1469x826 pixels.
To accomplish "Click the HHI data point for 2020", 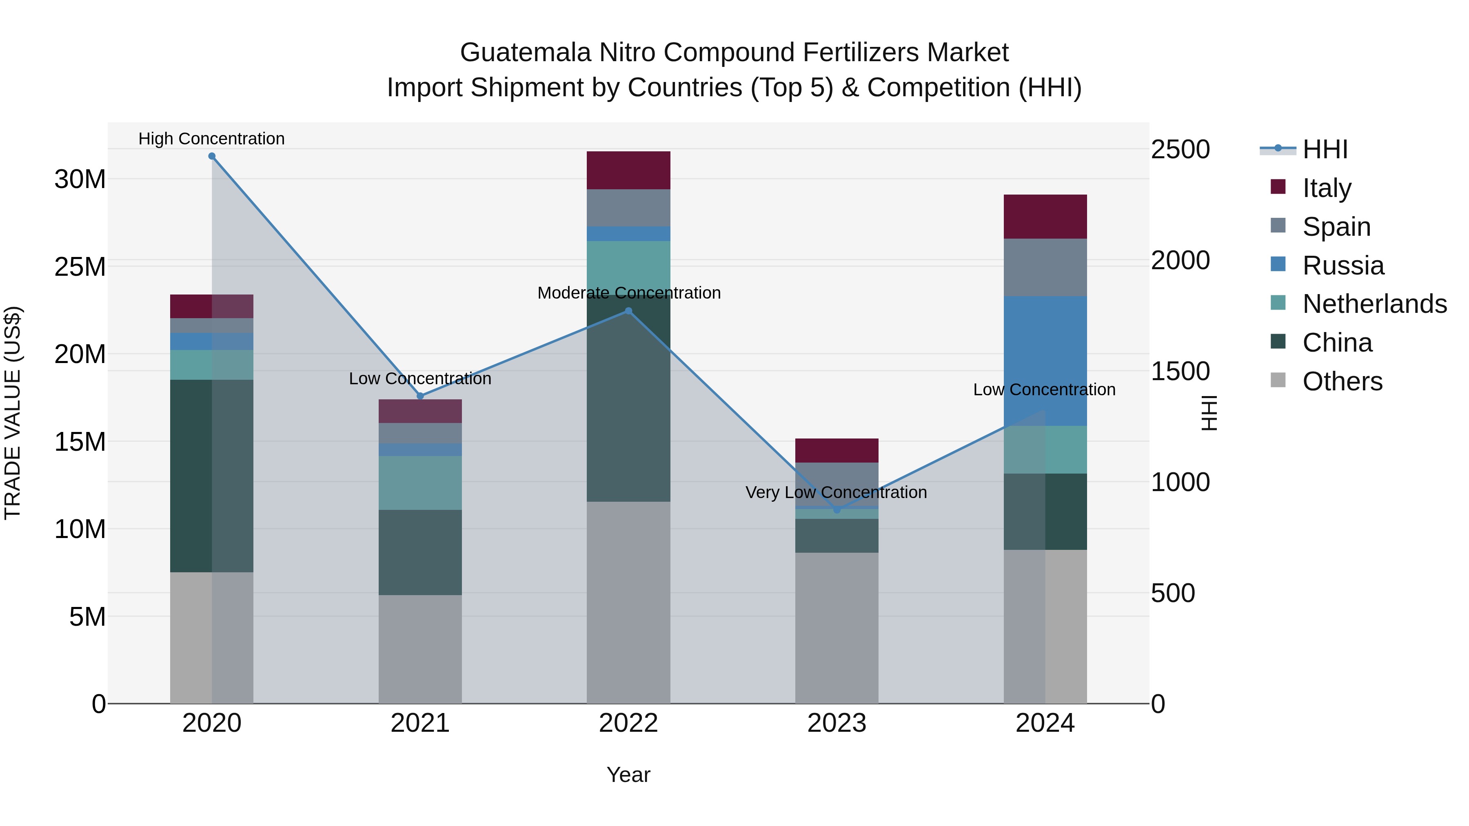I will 211,156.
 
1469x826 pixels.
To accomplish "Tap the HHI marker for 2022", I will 628,311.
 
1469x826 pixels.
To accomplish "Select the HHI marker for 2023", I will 837,509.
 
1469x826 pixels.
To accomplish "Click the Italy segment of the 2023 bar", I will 837,450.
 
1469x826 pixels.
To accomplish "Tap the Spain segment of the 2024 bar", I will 1045,267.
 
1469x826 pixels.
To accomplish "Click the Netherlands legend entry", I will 1374,304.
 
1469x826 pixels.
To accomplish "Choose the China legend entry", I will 1337,343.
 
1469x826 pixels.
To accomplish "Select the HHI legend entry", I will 1325,149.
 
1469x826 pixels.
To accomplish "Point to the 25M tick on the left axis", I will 80,267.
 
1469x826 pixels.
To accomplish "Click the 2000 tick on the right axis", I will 1180,261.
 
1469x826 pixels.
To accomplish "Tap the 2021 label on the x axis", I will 420,723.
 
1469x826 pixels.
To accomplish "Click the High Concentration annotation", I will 211,139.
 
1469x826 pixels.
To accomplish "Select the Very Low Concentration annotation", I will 836,492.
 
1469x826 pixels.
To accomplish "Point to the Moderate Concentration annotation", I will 629,292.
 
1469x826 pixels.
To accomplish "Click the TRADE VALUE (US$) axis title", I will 13,413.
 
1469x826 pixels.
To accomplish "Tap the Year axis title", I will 628,775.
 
